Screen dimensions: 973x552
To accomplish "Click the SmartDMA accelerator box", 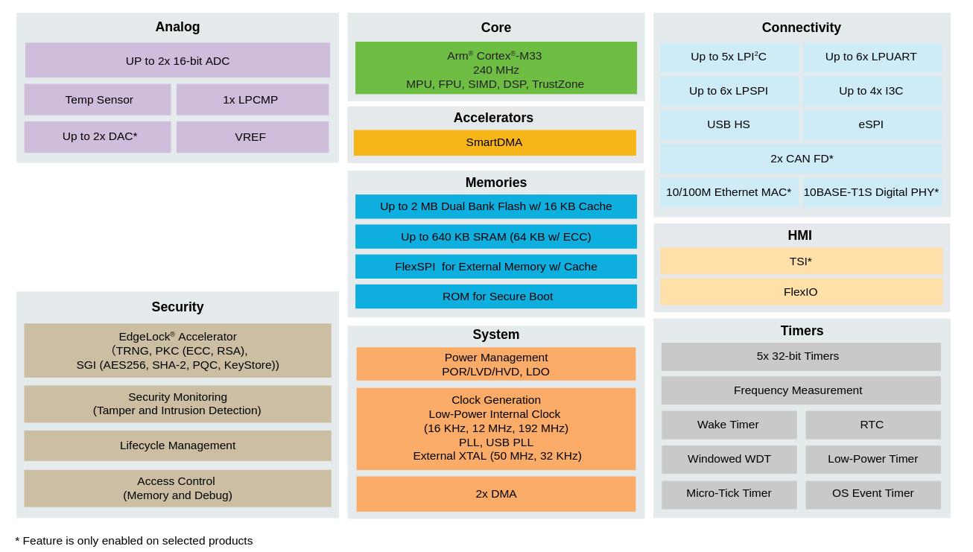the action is [x=495, y=142].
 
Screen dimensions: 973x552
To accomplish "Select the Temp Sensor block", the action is [x=98, y=100].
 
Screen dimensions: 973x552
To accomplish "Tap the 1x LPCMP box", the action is [x=253, y=100].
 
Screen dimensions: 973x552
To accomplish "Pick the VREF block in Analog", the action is [x=253, y=137].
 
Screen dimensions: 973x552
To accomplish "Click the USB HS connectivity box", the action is [x=729, y=124].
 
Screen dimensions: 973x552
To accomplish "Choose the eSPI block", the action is [x=872, y=124].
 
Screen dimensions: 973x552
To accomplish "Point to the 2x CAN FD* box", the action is [x=801, y=159].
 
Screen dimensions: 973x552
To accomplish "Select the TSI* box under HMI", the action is [x=801, y=261].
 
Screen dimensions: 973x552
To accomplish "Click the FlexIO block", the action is [x=801, y=291].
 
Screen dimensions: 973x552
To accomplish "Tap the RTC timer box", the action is [x=873, y=425].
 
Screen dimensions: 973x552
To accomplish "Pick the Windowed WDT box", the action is [x=729, y=459].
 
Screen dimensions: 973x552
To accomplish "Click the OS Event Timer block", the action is [x=873, y=494].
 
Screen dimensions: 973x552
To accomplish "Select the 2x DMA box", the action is [x=496, y=494].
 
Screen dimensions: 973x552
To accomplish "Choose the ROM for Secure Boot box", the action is [x=496, y=296].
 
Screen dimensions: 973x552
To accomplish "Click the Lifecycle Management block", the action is [x=177, y=445].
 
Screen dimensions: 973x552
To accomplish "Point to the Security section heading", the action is [x=177, y=307].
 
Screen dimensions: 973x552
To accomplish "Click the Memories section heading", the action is [x=496, y=183].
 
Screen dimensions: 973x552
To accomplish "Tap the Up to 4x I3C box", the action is [x=872, y=91].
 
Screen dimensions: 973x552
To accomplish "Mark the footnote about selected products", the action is [x=134, y=541].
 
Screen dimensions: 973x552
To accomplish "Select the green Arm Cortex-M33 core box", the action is [x=496, y=68].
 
